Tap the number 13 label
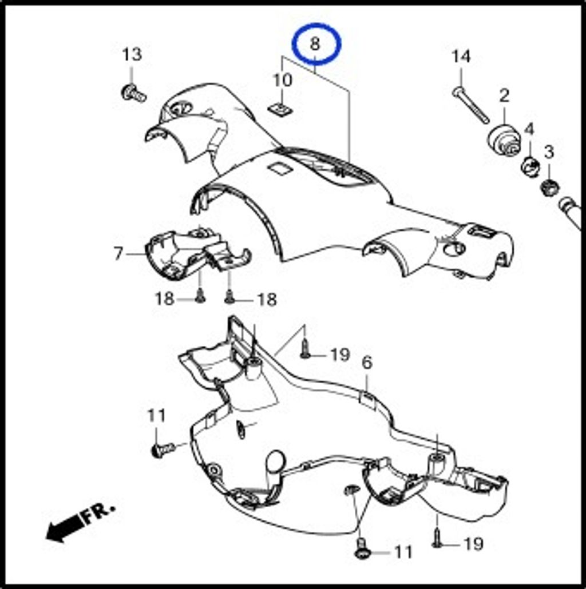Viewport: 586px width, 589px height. tap(132, 54)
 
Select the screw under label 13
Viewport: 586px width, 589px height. tap(133, 93)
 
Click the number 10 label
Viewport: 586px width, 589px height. tap(282, 81)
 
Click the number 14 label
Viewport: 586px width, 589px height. tap(461, 57)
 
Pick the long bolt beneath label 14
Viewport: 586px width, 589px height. tap(470, 105)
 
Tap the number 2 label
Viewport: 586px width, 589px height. tap(504, 96)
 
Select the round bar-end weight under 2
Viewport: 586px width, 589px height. tap(504, 140)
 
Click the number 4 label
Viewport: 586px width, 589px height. tap(529, 130)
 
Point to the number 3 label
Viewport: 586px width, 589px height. tap(549, 152)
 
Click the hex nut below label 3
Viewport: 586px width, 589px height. tap(550, 186)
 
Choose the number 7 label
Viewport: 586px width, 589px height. tap(118, 253)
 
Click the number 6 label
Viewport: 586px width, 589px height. tap(367, 363)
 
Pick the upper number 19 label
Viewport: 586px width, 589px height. tap(340, 355)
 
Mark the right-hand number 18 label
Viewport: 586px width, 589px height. tap(267, 300)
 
